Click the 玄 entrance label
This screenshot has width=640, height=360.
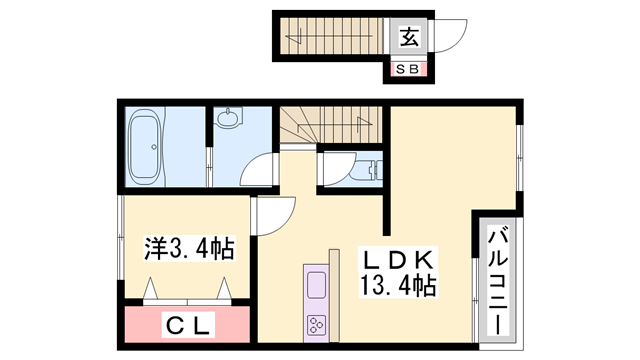coord(409,38)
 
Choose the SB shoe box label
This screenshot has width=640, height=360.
coord(409,69)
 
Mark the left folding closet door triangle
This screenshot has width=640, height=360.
coord(154,290)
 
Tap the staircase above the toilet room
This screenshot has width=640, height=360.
coord(330,125)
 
